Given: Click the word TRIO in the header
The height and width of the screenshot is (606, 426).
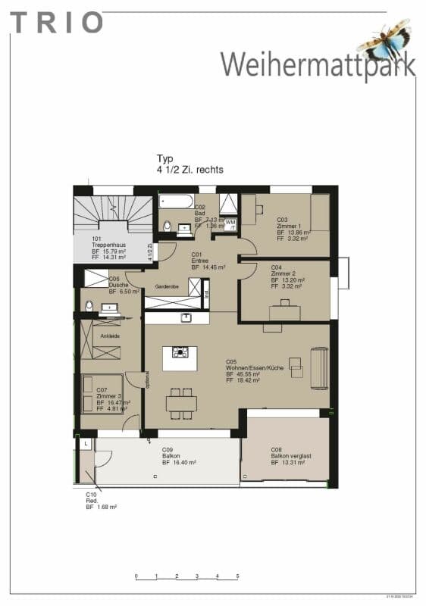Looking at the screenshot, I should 56,22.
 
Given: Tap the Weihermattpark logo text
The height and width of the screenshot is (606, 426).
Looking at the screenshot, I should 318,64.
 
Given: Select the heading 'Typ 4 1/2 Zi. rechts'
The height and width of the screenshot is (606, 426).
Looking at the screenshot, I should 190,164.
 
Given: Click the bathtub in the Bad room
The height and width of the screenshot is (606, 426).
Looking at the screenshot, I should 176,202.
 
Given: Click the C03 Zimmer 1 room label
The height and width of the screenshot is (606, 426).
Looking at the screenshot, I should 293,227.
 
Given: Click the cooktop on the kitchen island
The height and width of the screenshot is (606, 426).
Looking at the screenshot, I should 180,352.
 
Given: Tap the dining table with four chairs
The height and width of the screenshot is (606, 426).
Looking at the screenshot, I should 181,402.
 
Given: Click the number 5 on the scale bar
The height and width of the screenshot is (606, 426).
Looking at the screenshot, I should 238,576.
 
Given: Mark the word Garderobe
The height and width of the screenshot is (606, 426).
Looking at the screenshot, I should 166,287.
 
